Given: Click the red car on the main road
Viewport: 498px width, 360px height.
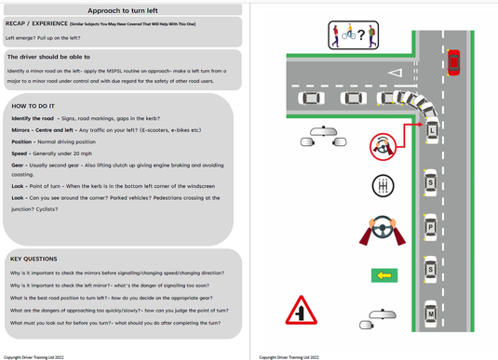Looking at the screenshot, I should click(453, 61).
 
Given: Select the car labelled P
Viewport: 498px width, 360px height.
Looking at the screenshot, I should click(431, 226).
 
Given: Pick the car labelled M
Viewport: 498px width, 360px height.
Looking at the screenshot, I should click(431, 315).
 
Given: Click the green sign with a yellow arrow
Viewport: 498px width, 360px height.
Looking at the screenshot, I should click(383, 274).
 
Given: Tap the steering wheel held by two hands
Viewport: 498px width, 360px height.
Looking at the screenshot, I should click(380, 229).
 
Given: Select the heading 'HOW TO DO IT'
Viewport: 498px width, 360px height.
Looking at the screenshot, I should click(36, 105).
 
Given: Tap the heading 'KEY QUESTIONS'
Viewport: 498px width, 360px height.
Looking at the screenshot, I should click(34, 259).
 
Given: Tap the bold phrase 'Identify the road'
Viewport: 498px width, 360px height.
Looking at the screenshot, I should click(34, 118).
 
